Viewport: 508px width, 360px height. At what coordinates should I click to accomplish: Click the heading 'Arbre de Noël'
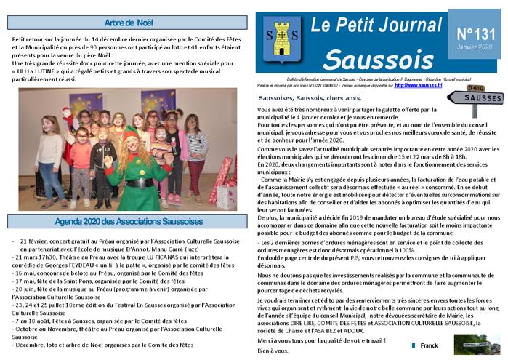click(x=128, y=23)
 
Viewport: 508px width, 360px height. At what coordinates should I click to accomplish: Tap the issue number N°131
click(x=475, y=33)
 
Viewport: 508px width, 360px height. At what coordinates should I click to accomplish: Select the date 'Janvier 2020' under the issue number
click(x=475, y=47)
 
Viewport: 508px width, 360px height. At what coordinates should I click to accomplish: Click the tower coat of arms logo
click(x=276, y=38)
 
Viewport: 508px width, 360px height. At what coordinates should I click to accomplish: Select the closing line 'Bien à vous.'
click(x=273, y=351)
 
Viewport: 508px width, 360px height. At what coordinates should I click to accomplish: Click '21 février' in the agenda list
click(x=35, y=239)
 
